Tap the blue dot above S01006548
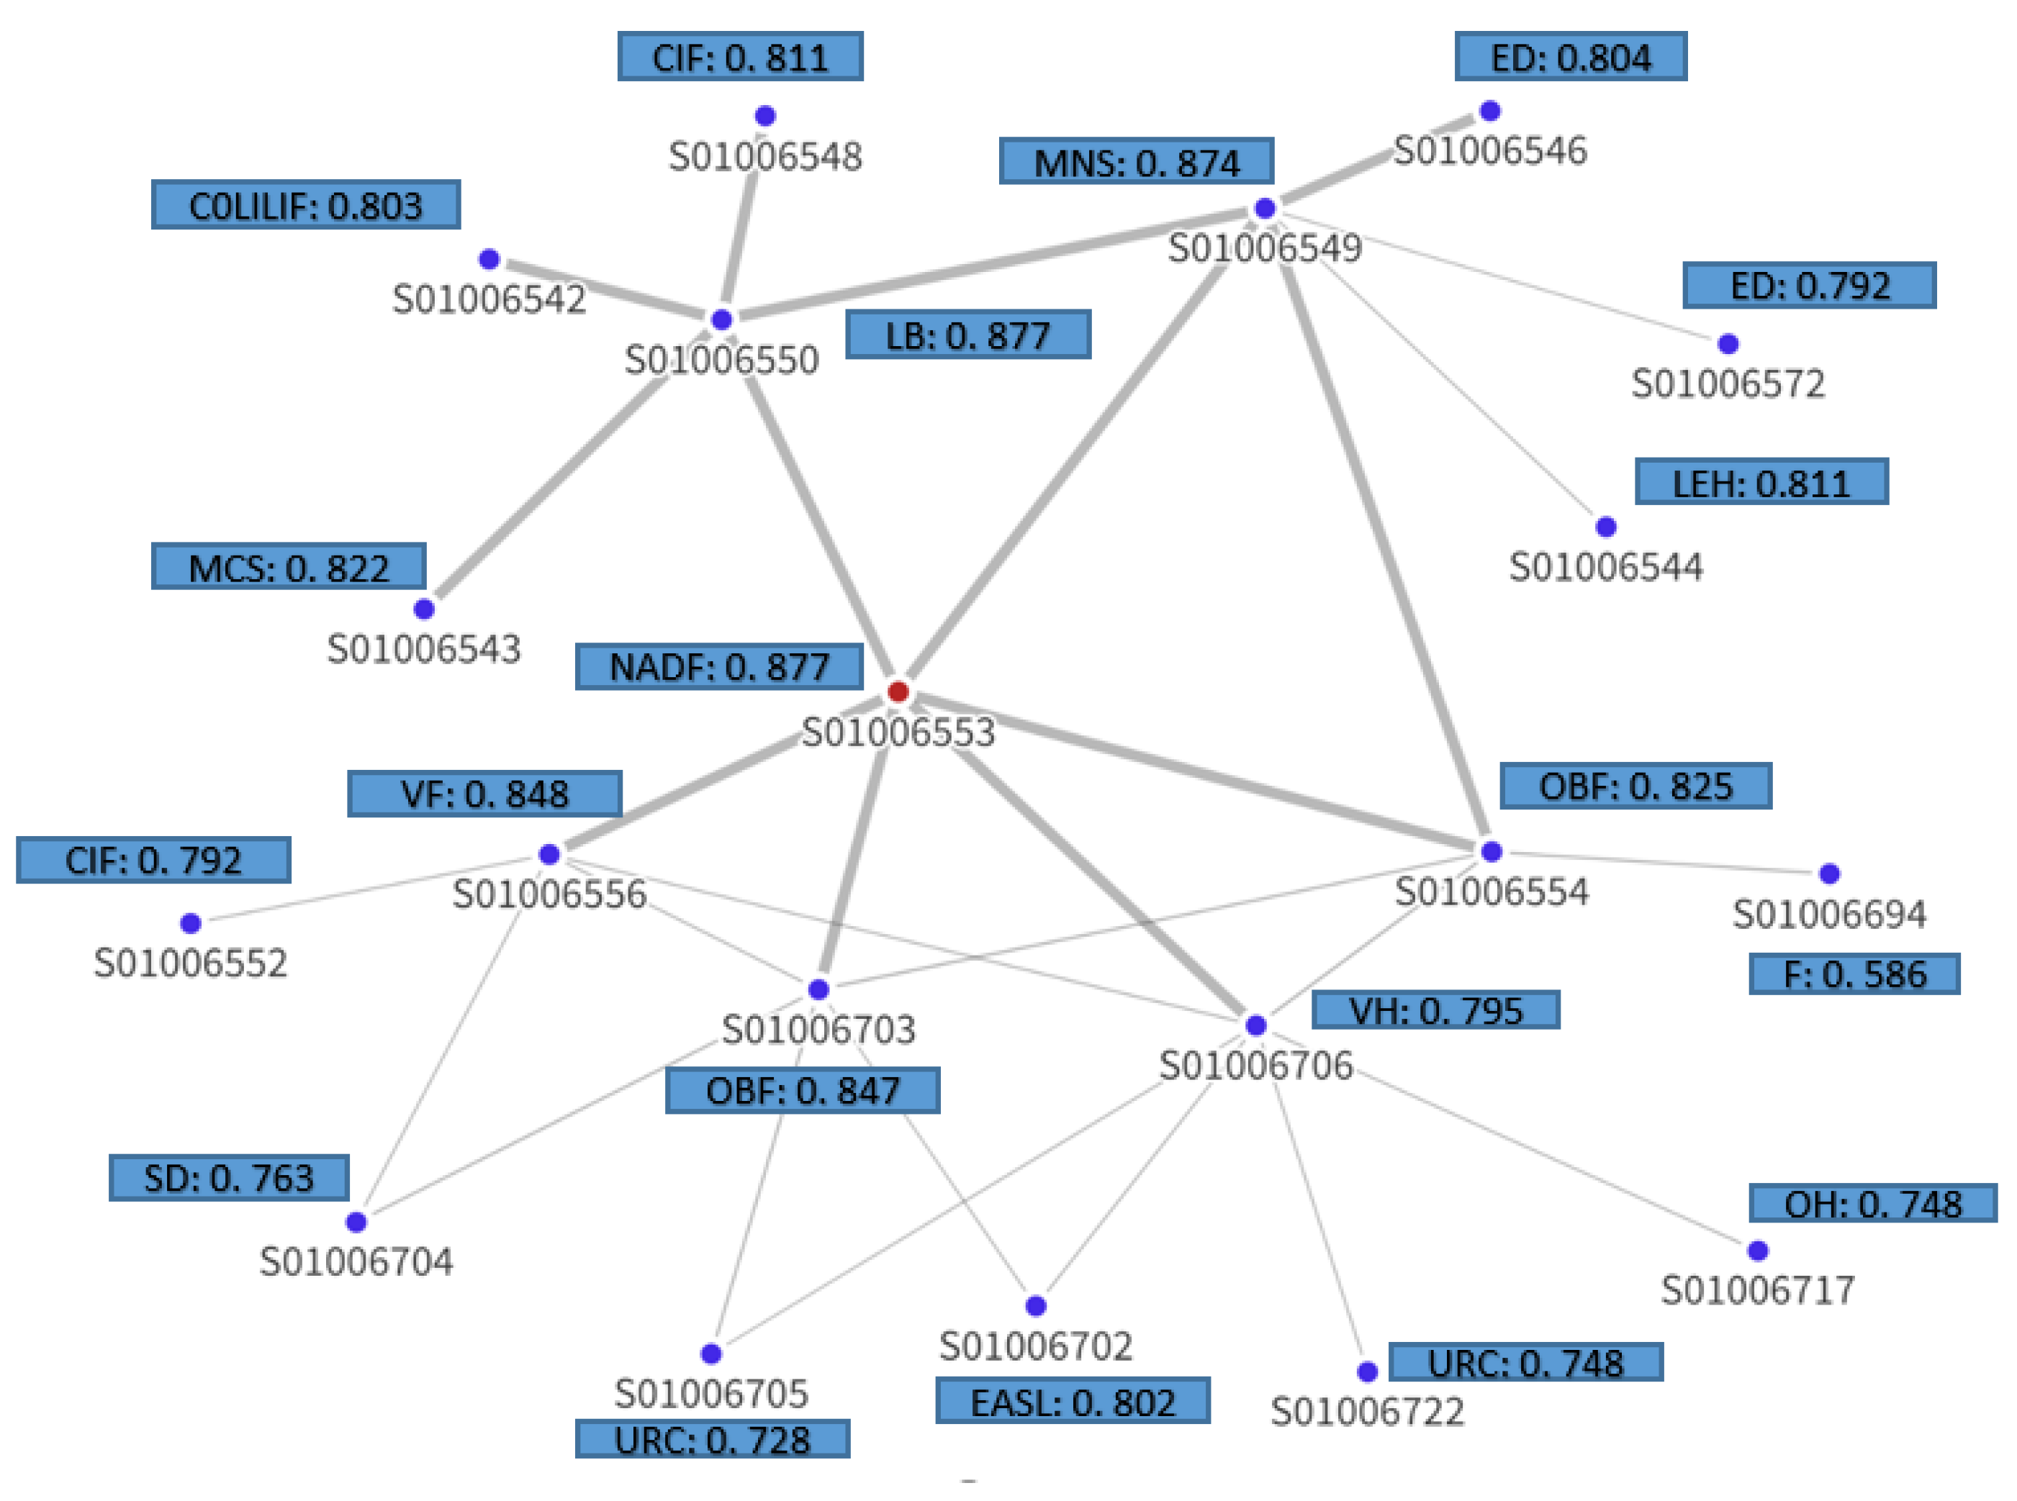click(764, 115)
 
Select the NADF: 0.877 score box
click(718, 666)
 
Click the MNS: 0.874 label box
click(1135, 162)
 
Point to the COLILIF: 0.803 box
click(305, 204)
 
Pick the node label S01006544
click(1605, 567)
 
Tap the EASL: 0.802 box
click(1072, 1401)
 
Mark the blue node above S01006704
click(356, 1221)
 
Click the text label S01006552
click(190, 962)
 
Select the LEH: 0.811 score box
click(1761, 481)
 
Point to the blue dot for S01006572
click(1727, 343)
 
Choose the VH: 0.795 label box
click(1435, 1010)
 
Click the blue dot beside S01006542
click(489, 259)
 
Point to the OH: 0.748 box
click(1872, 1203)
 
